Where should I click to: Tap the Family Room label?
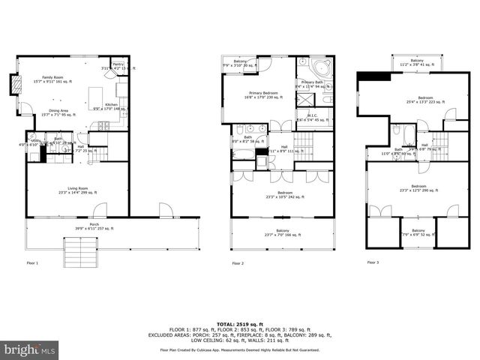tap(52, 80)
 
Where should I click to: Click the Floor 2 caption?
tap(238, 263)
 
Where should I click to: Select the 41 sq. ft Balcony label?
tap(416, 62)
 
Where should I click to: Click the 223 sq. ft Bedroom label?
tap(425, 100)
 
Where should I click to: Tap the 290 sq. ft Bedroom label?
tap(418, 187)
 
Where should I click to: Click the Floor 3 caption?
tap(373, 262)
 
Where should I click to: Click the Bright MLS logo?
tap(30, 349)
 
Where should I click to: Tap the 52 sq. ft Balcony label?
tap(418, 232)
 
